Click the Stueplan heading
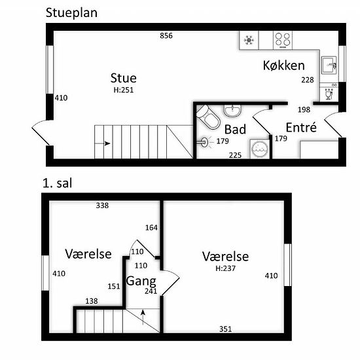[71, 13]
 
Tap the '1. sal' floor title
[58, 183]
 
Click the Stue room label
[124, 78]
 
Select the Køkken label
[284, 65]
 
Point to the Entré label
[301, 127]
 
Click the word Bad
[235, 129]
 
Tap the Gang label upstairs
[141, 281]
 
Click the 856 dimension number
[166, 36]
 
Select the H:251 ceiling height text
[124, 90]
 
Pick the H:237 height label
[225, 268]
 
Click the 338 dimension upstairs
[102, 206]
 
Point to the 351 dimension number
[225, 329]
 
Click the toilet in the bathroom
[207, 117]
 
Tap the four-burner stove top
[283, 40]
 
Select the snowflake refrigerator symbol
[249, 40]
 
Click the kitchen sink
[329, 65]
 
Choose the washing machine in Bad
[260, 149]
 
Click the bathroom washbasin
[232, 111]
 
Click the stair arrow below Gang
[143, 317]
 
